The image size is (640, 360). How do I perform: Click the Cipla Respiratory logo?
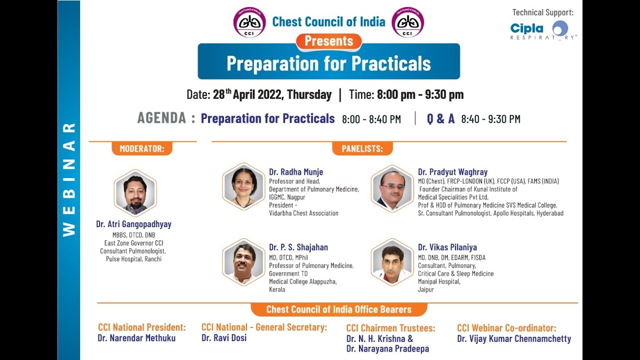pyautogui.click(x=543, y=30)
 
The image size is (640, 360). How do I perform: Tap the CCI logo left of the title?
pyautogui.click(x=249, y=22)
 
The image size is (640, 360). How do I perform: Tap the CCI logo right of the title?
pyautogui.click(x=407, y=22)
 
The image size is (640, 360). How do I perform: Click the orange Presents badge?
pyautogui.click(x=329, y=41)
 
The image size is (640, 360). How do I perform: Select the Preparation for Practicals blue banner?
pyautogui.click(x=328, y=63)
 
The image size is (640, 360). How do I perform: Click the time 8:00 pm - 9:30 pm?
pyautogui.click(x=420, y=94)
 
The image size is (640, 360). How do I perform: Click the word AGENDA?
pyautogui.click(x=162, y=118)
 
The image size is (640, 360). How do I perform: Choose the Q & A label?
pyautogui.click(x=440, y=119)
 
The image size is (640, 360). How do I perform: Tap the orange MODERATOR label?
pyautogui.click(x=142, y=148)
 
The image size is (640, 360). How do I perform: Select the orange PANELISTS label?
pyautogui.click(x=362, y=148)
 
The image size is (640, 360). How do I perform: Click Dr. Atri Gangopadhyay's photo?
pyautogui.click(x=135, y=193)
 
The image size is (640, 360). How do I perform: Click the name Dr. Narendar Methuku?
pyautogui.click(x=136, y=338)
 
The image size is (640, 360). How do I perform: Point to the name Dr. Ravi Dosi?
pyautogui.click(x=224, y=338)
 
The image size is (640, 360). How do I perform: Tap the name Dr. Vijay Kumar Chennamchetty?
pyautogui.click(x=514, y=339)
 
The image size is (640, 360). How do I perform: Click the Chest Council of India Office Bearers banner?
pyautogui.click(x=338, y=309)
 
